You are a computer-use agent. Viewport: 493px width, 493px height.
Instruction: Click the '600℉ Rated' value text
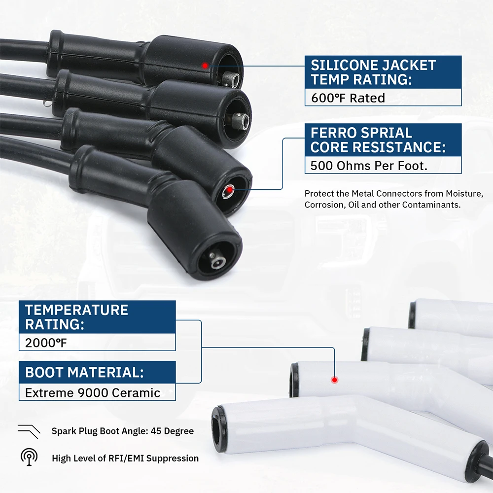[348, 98]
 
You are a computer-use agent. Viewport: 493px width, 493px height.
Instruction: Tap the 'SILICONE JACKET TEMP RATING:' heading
[373, 72]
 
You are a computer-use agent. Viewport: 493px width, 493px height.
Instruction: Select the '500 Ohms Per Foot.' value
[369, 166]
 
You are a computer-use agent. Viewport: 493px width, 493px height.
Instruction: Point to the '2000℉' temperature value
[46, 343]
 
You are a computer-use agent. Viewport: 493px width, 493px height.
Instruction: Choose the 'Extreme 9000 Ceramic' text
[93, 393]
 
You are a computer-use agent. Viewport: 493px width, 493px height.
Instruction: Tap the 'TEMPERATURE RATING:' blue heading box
[97, 317]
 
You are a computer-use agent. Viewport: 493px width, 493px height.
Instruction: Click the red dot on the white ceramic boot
[335, 380]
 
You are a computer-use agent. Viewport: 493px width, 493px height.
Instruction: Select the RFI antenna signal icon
[29, 456]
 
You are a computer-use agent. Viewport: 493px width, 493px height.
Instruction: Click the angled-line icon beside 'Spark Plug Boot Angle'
[29, 431]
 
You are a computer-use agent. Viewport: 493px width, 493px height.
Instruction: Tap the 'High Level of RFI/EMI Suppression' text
[125, 458]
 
